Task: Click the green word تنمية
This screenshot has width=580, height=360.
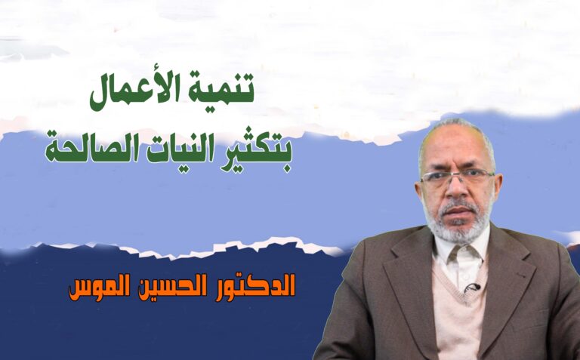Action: [x=221, y=89]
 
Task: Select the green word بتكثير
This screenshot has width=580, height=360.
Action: [x=256, y=151]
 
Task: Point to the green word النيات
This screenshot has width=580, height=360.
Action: [x=180, y=149]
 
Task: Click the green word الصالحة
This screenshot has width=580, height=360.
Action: [x=92, y=149]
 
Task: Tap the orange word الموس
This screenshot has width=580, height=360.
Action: [x=99, y=288]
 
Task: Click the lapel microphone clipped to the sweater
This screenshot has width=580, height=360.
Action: [x=472, y=287]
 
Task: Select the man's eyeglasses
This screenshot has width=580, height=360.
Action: [x=457, y=176]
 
